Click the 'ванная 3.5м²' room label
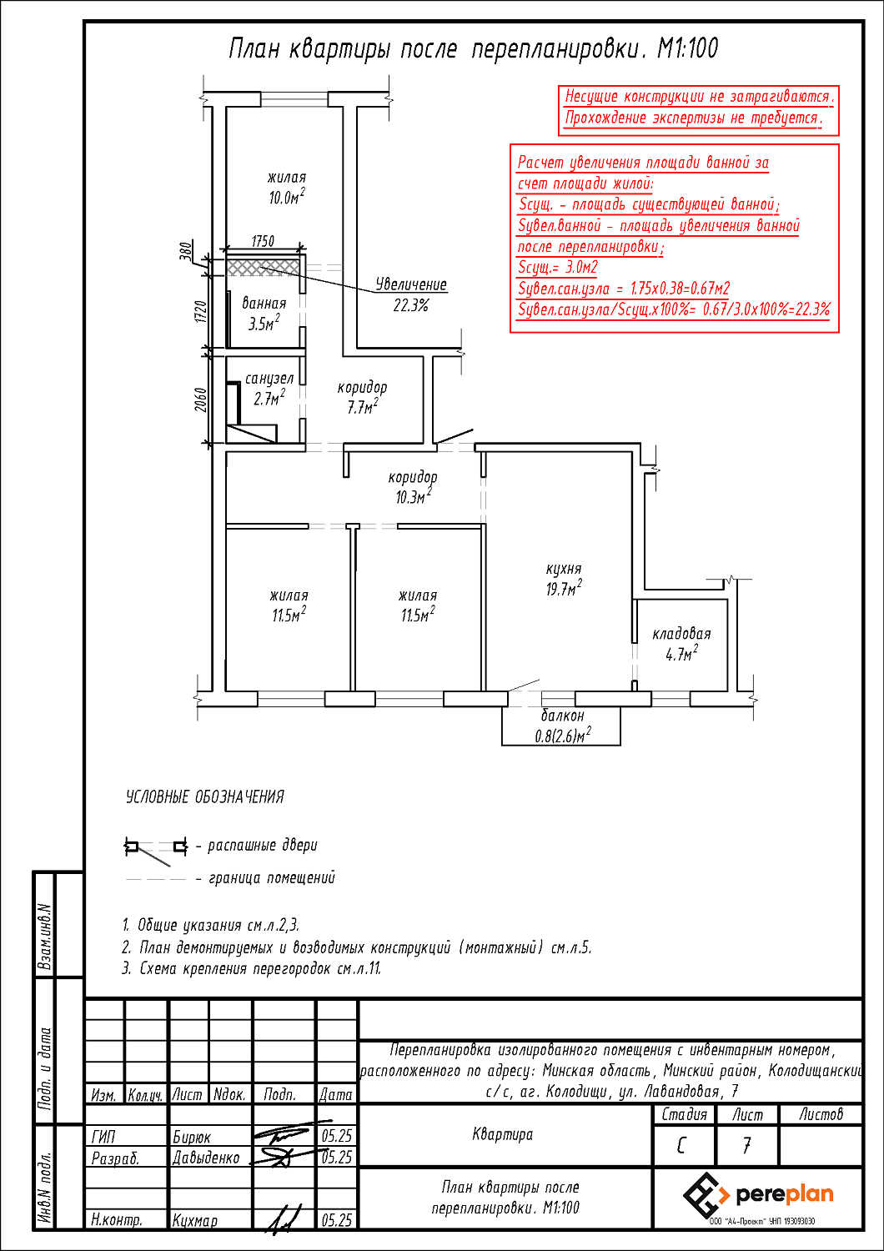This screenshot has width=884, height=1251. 264,314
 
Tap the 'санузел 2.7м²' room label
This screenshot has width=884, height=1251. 269,389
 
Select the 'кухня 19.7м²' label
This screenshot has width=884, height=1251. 564,579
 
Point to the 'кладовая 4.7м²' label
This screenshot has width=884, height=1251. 681,644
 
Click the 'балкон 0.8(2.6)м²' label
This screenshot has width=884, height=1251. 563,726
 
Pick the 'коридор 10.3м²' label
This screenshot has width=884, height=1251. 413,487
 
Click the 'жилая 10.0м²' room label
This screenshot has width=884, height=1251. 287,188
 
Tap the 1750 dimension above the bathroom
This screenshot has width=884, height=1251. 263,241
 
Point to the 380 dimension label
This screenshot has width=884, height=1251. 186,251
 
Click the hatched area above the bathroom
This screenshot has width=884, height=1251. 264,267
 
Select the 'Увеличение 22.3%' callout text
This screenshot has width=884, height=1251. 410,294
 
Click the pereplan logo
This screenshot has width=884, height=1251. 758,1194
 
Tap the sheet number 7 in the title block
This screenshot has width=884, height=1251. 747,1145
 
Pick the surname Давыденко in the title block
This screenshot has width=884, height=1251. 206,1158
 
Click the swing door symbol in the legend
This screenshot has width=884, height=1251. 155,848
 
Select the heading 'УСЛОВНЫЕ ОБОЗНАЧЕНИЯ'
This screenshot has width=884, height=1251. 205,797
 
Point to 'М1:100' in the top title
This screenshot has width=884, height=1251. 687,48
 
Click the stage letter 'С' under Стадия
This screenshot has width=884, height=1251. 683,1145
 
